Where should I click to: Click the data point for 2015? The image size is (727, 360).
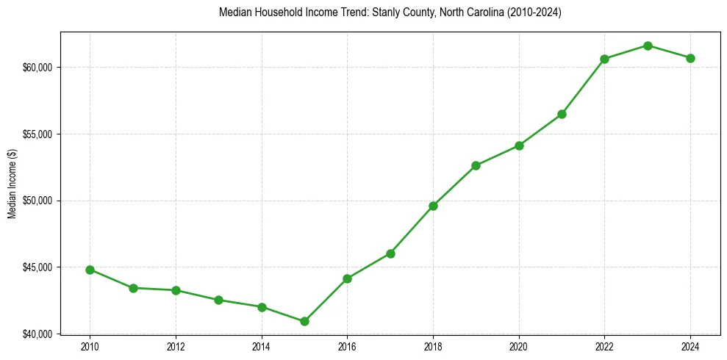[x=304, y=321]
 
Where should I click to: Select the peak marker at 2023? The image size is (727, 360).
[x=648, y=46]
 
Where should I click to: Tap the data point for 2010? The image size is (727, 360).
[x=90, y=270]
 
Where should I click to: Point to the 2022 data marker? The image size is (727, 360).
[x=604, y=59]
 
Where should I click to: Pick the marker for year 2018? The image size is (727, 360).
[x=433, y=206]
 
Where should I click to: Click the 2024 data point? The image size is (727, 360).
[x=690, y=58]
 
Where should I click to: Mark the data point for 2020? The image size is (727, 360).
[x=519, y=145]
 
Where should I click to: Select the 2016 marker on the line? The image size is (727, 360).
[x=347, y=278]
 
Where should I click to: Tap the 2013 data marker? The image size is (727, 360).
[x=218, y=300]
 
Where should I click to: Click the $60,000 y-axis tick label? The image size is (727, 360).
[x=38, y=68]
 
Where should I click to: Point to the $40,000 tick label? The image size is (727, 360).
[x=38, y=334]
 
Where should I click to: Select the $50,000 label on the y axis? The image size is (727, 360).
[x=38, y=201]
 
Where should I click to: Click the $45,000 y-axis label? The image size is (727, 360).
[x=38, y=267]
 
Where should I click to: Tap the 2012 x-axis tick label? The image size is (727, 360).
[x=176, y=346]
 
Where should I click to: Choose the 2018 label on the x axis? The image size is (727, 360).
[x=433, y=346]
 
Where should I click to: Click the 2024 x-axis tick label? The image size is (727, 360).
[x=690, y=346]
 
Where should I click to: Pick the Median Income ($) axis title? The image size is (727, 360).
[x=12, y=183]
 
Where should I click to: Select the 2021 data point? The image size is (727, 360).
[x=562, y=114]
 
